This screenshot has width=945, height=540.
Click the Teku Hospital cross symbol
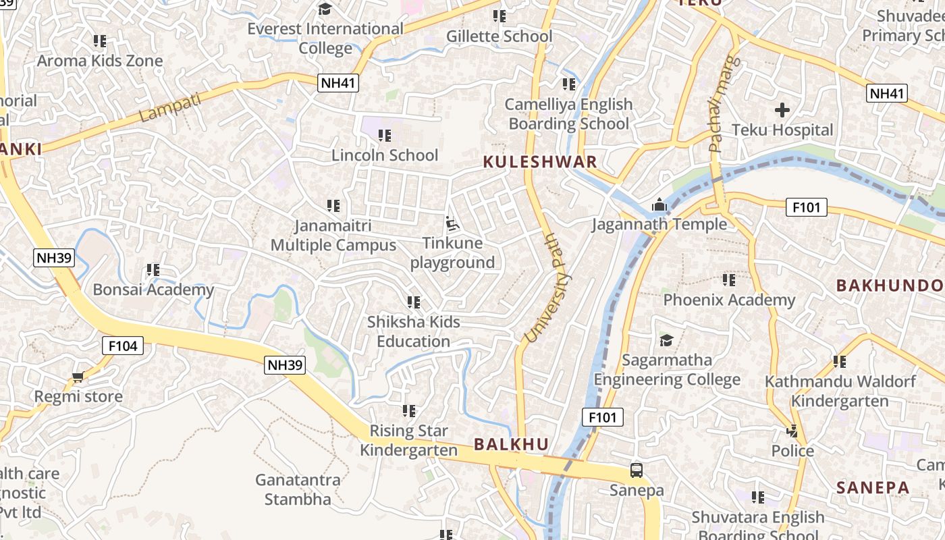coord(782,109)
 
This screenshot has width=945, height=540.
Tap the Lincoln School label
coord(385,155)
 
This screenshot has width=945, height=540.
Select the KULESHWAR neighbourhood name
coord(540,162)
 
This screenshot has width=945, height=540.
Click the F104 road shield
coord(123,346)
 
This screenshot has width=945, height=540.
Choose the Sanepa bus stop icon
coord(636,470)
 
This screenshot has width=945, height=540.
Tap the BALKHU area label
coord(511,444)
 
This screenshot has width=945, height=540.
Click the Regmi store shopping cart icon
coord(78,377)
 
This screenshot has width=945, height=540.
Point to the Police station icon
coord(792,431)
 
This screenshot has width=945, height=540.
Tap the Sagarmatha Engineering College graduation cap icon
coord(666,340)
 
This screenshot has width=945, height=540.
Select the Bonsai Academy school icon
coord(153,270)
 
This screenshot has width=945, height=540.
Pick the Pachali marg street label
coord(724,103)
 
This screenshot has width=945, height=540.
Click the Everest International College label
coord(325,38)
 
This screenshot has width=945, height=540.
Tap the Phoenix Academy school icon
coord(729,279)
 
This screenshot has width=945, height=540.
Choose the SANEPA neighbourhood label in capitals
coord(873,487)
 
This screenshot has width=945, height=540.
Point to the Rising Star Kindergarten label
coord(408,440)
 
